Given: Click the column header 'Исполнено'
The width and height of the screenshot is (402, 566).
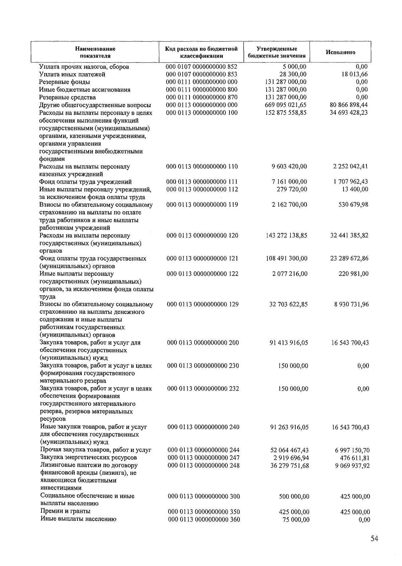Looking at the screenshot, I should click(x=340, y=52).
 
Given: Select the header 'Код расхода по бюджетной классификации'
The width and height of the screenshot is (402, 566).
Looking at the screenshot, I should click(x=202, y=52).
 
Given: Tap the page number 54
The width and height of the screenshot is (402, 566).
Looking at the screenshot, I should click(x=374, y=539).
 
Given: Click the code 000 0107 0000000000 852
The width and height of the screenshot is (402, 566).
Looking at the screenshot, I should click(x=202, y=67).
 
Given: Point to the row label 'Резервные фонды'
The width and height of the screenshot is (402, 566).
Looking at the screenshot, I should click(x=64, y=82).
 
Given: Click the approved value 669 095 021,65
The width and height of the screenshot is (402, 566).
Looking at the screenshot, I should click(x=285, y=105).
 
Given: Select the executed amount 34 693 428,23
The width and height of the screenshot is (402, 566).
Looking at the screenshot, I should click(x=349, y=113).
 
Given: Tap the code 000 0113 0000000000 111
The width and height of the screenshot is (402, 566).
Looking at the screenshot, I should click(x=202, y=182).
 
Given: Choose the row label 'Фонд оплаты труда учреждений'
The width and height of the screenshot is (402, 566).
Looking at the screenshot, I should click(x=85, y=182).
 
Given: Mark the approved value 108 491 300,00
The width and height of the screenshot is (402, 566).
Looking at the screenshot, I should click(x=286, y=259).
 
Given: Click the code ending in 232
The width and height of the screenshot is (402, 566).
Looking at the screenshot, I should click(x=203, y=389).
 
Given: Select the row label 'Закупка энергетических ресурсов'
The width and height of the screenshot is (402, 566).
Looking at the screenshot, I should click(x=88, y=458).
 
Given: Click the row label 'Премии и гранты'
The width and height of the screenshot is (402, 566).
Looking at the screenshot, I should click(x=65, y=511).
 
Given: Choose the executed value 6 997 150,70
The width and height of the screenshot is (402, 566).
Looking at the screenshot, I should click(x=352, y=450).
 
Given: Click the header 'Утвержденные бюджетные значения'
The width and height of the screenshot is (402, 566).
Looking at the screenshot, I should click(x=277, y=52).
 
